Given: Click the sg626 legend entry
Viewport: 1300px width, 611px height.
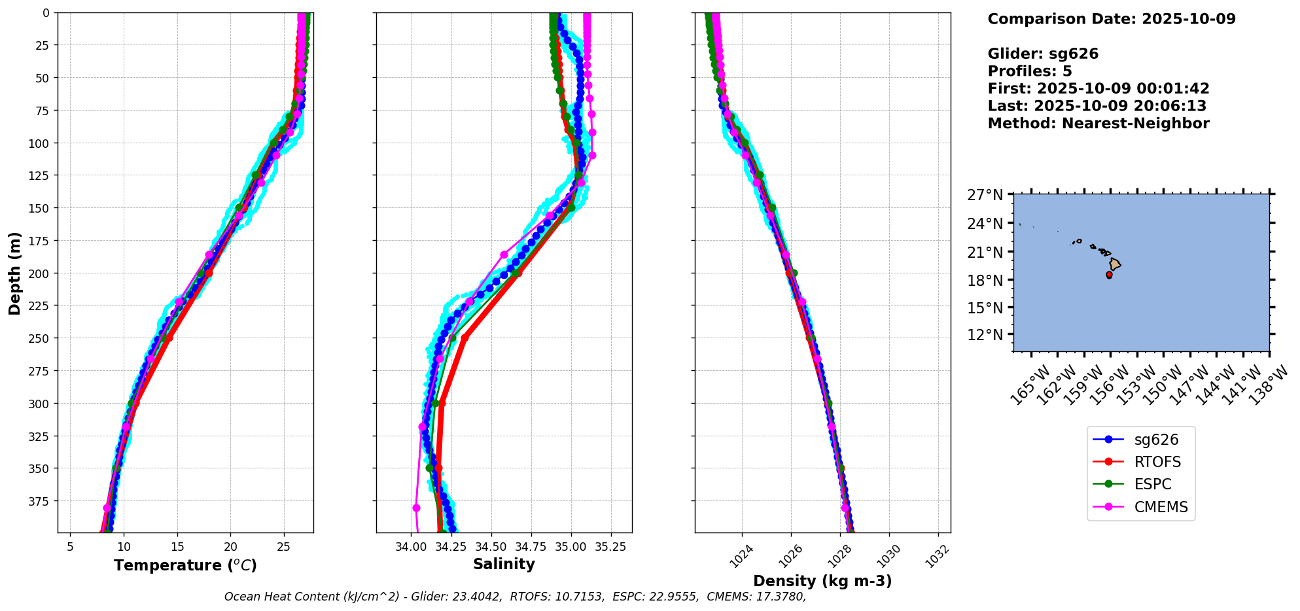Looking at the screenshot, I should (1157, 440).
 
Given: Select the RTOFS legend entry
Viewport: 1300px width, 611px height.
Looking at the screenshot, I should (1157, 462).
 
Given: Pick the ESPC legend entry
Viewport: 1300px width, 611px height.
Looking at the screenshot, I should (1152, 484).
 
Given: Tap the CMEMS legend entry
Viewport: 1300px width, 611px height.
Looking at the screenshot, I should (1161, 507).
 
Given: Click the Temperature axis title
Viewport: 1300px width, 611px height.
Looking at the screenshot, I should (185, 565).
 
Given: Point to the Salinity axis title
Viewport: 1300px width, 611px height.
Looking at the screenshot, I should (504, 564).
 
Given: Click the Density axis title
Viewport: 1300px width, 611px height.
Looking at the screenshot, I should (822, 581).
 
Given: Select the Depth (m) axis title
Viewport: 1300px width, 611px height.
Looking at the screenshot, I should (14, 273).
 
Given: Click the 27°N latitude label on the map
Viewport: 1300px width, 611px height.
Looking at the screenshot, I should (985, 195).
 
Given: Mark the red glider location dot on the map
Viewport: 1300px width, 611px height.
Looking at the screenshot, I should (1109, 275).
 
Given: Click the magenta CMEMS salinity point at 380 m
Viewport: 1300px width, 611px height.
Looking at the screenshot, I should (416, 508).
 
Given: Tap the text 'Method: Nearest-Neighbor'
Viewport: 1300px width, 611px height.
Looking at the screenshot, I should (1098, 123).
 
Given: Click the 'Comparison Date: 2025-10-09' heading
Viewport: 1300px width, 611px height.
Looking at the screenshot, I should (1111, 19).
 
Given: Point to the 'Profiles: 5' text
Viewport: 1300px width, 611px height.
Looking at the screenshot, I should (1029, 71).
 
